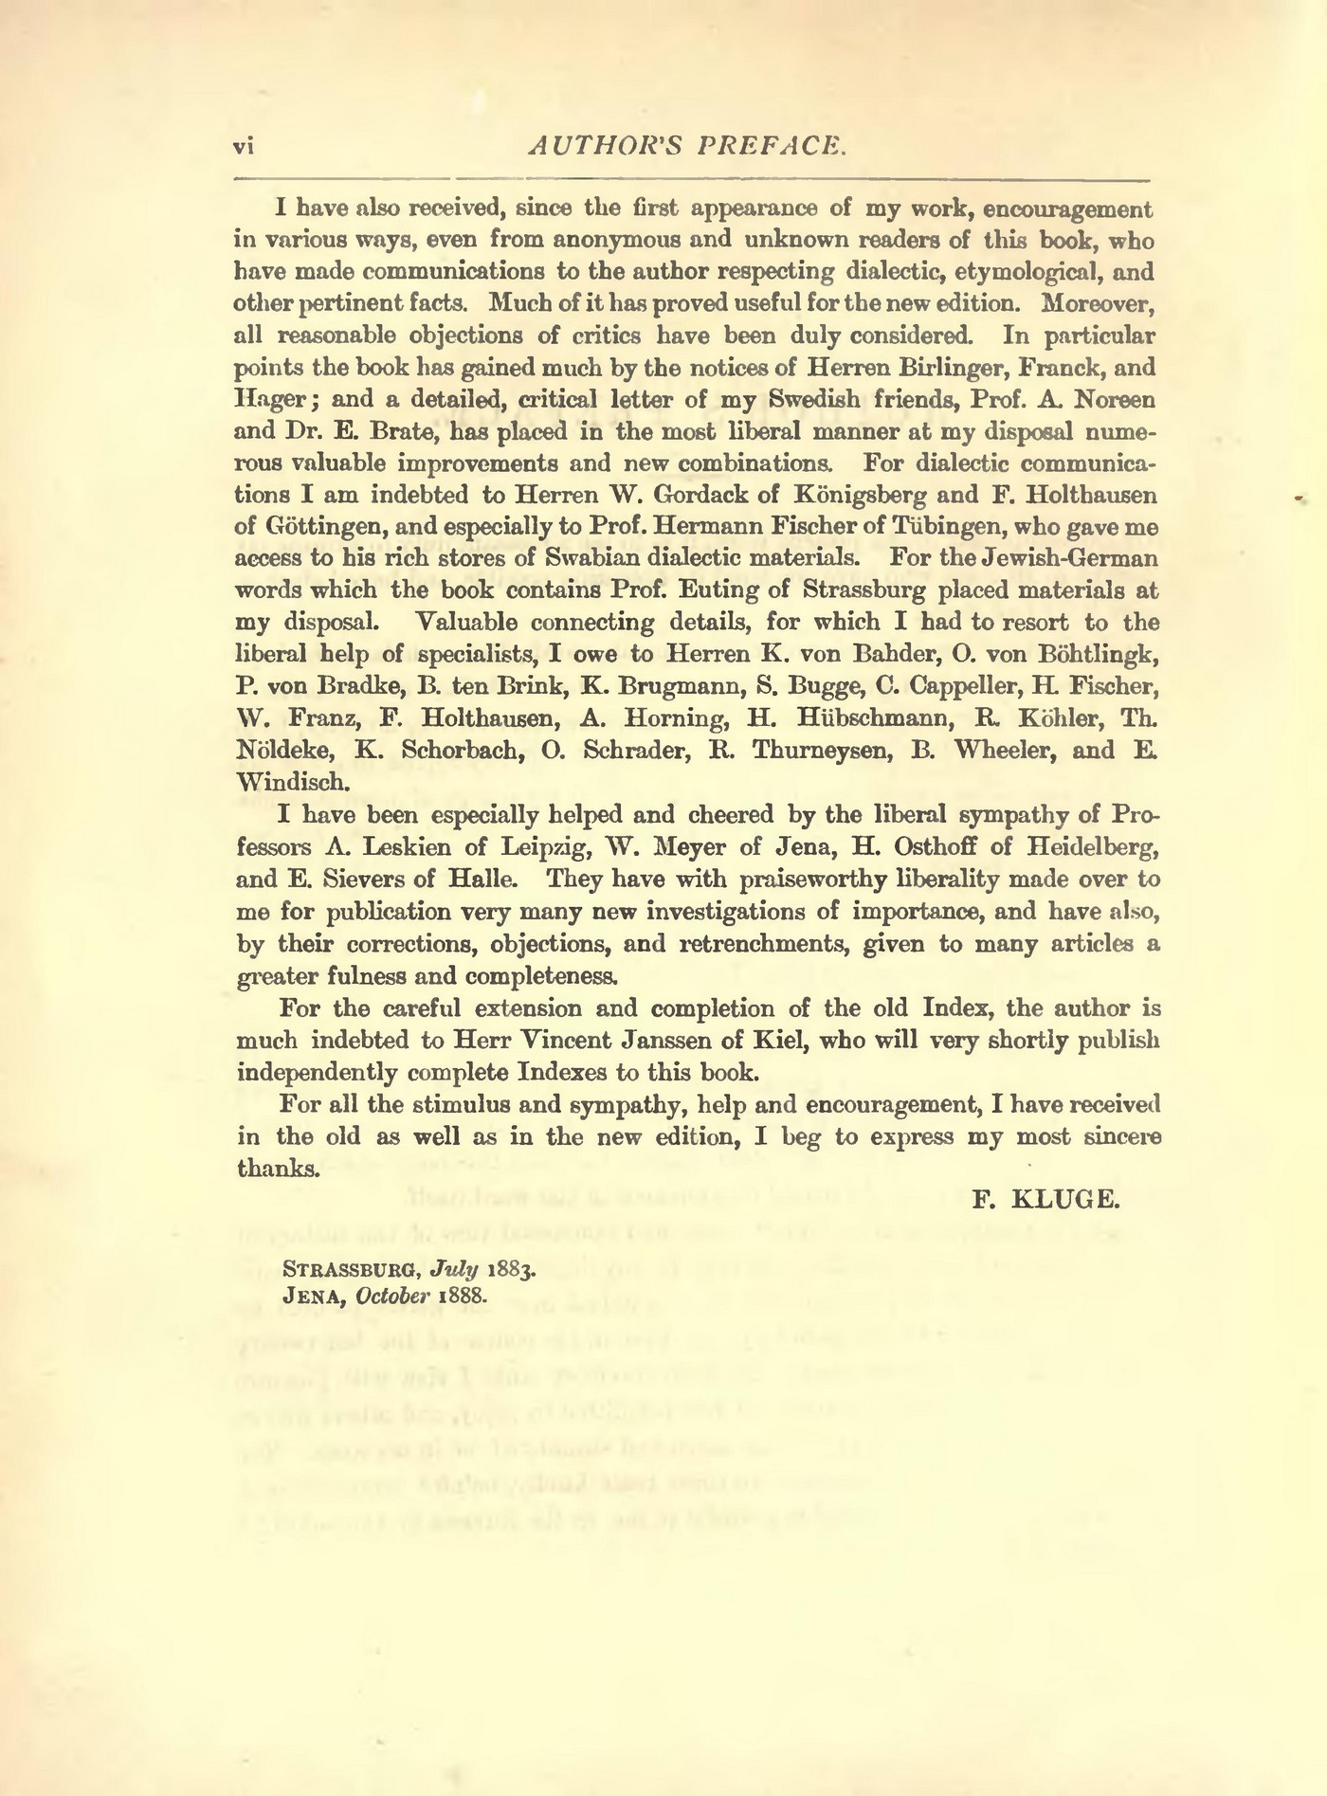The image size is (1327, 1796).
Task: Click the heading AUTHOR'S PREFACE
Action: pos(686,144)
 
